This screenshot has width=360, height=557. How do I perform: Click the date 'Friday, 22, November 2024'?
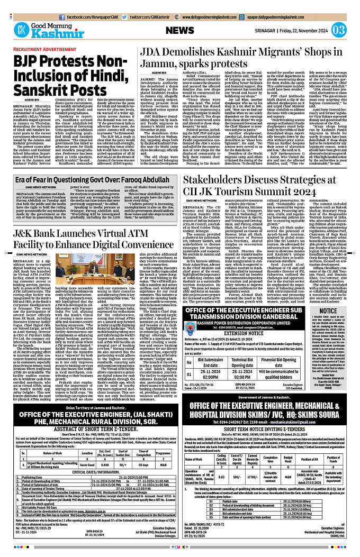[x=300, y=30]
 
